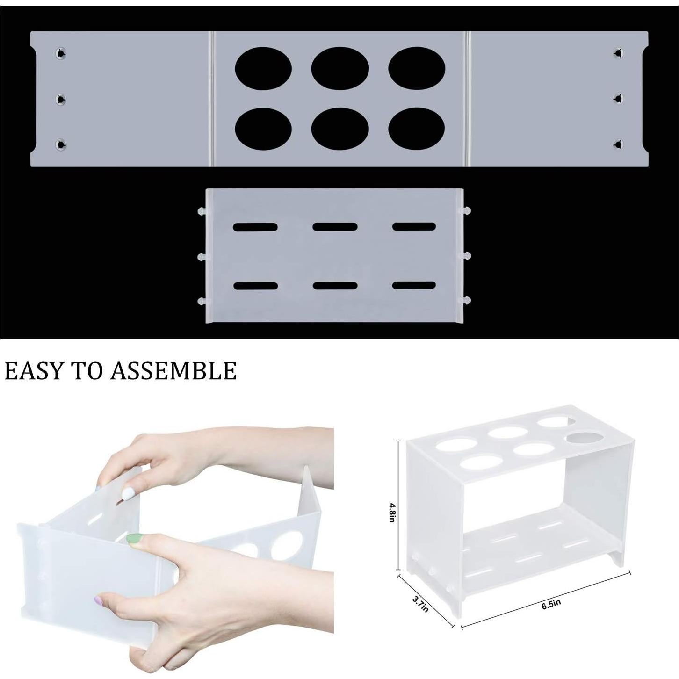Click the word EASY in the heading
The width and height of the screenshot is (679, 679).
click(x=33, y=371)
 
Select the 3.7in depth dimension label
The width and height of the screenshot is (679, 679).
click(x=420, y=603)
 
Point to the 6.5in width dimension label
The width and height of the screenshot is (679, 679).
click(x=551, y=604)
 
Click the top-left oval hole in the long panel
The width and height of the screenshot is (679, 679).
click(x=263, y=69)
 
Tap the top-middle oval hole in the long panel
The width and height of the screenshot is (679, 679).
click(x=340, y=69)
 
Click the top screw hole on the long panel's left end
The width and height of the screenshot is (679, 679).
click(x=61, y=53)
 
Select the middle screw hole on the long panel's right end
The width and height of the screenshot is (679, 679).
click(x=618, y=98)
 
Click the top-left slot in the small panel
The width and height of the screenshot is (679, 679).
click(x=255, y=228)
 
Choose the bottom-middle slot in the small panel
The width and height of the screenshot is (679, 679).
click(x=335, y=286)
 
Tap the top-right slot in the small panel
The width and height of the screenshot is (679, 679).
click(x=414, y=227)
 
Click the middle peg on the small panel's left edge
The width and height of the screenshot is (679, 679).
click(x=202, y=257)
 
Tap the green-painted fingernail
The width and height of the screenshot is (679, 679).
click(x=135, y=539)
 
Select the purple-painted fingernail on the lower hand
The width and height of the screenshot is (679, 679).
click(x=99, y=600)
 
